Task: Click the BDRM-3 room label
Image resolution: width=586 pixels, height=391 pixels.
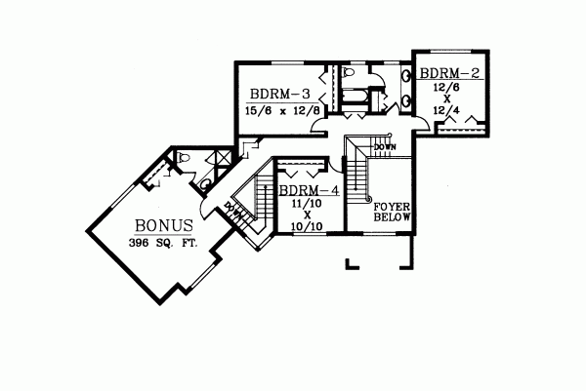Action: pyautogui.click(x=279, y=95)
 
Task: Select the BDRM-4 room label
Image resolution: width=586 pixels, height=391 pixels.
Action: pyautogui.click(x=309, y=191)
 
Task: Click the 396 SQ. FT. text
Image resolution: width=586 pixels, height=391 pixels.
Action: pyautogui.click(x=162, y=242)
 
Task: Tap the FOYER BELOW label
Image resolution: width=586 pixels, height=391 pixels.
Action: pyautogui.click(x=395, y=212)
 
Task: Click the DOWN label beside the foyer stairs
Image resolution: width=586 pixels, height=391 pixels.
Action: pyautogui.click(x=384, y=146)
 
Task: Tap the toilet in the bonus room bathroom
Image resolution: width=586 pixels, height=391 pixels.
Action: pyautogui.click(x=185, y=158)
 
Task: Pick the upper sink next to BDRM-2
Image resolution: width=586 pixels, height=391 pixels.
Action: pyautogui.click(x=405, y=76)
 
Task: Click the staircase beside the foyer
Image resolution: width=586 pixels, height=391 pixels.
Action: pyautogui.click(x=359, y=176)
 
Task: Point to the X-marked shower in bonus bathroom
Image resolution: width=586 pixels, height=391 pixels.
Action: pyautogui.click(x=224, y=155)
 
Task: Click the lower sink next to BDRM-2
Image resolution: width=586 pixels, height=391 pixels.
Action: pyautogui.click(x=405, y=98)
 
